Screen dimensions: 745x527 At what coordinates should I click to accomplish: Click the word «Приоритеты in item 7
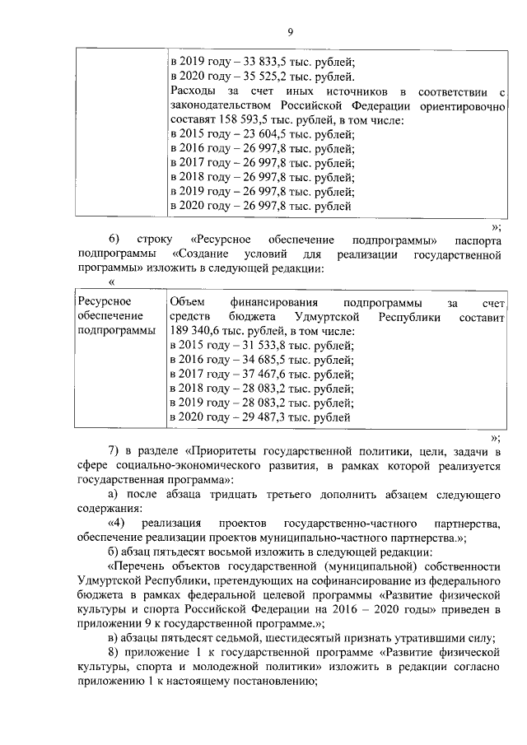[x=223, y=452]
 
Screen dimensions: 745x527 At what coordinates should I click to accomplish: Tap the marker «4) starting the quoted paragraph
[x=116, y=524]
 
